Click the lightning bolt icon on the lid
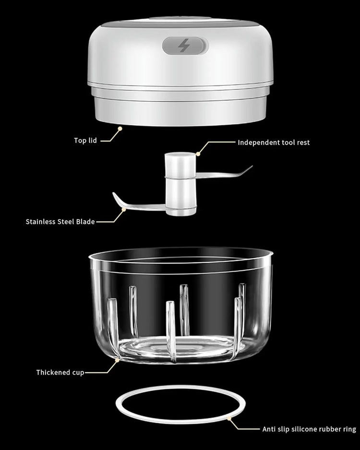(184, 46)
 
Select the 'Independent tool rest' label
(274, 142)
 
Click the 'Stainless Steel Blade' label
(60, 222)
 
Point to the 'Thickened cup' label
(60, 372)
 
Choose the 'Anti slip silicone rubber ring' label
(309, 429)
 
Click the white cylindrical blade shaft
(180, 185)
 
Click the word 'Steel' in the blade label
(67, 222)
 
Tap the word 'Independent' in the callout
(258, 142)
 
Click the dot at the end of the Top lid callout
(119, 128)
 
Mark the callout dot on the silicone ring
(230, 418)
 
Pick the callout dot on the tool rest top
(197, 154)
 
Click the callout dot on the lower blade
(124, 210)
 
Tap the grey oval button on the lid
(185, 46)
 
